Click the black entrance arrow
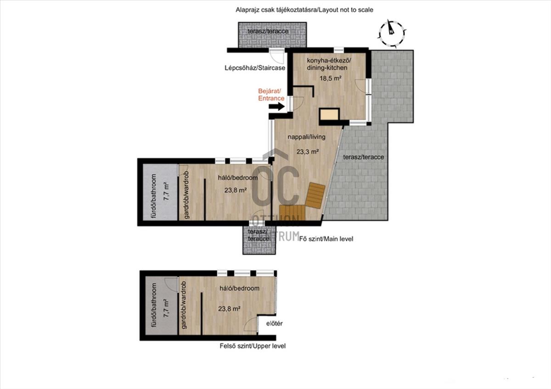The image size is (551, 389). tap(276, 106)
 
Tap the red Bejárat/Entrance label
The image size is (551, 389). tap(271, 94)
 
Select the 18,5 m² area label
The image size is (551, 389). tap(330, 78)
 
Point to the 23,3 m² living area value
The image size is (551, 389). tap(308, 152)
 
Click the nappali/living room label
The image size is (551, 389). tap(307, 137)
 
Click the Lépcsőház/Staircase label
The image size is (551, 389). tap(255, 68)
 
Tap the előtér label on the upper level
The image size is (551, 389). tap(274, 323)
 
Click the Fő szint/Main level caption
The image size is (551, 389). tap(326, 239)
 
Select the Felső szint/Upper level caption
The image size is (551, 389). tap(253, 346)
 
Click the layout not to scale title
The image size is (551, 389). tap(304, 10)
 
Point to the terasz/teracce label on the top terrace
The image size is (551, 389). tap(268, 32)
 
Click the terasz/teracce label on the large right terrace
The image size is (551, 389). tap(363, 157)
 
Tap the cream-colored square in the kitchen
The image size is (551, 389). tap(330, 114)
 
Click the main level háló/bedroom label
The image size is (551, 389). tap(238, 178)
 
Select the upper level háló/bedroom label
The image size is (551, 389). tap(239, 288)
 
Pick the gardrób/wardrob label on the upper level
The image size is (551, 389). tap(183, 305)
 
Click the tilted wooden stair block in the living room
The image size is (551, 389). tap(315, 195)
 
